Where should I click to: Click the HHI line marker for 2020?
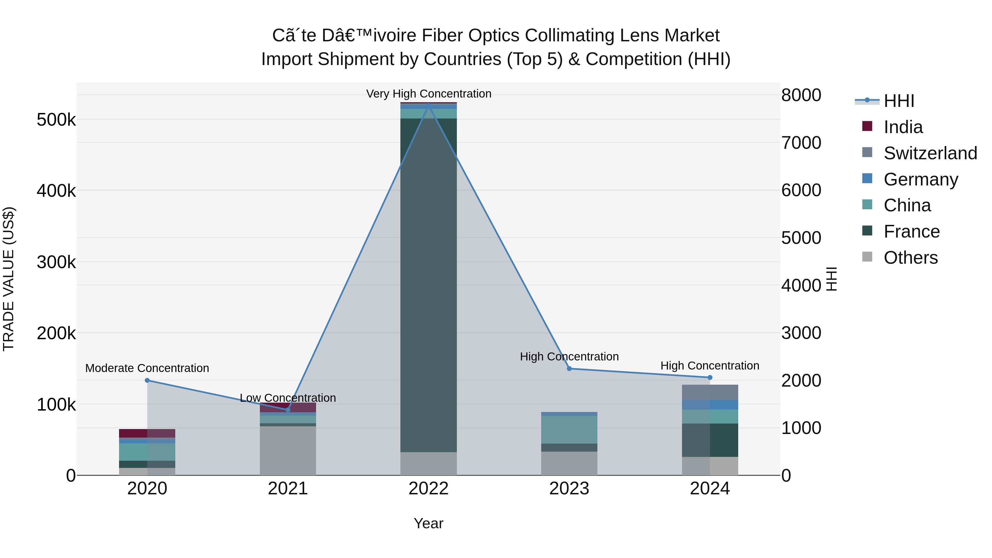point(147,381)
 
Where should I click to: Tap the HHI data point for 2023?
point(569,368)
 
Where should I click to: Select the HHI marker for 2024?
point(710,378)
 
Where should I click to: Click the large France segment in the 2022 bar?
point(428,285)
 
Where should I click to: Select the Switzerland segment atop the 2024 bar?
point(710,392)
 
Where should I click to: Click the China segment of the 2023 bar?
point(569,429)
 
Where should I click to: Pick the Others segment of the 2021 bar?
point(288,450)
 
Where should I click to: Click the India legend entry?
point(903,127)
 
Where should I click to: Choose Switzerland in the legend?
point(930,153)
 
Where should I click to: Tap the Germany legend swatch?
point(867,179)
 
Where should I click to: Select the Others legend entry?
point(910,258)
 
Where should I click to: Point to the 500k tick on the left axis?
point(56,120)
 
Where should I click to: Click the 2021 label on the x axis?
point(288,489)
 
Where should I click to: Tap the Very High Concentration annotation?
point(428,94)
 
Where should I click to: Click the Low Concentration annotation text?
point(288,398)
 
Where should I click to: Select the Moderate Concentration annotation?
point(147,368)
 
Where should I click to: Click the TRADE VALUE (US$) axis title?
point(9,279)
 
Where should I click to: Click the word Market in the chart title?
point(692,36)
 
